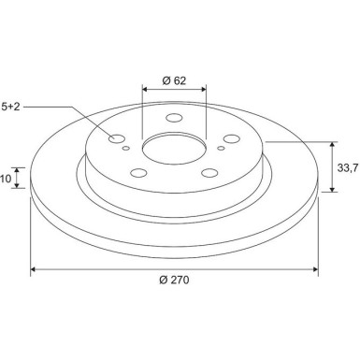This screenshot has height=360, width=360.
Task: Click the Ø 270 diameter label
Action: (175, 281)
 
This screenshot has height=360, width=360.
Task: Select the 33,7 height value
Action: (346, 167)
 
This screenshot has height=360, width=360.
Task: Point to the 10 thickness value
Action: (6, 178)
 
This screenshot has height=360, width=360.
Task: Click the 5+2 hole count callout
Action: (8, 108)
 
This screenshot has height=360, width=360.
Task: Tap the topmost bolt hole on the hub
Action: (174, 119)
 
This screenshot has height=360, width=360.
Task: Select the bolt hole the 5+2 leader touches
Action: (117, 140)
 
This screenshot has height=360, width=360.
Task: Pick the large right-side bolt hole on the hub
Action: (230, 139)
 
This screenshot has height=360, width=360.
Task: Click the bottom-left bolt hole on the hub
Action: (139, 172)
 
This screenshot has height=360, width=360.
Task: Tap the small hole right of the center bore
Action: (221, 148)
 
